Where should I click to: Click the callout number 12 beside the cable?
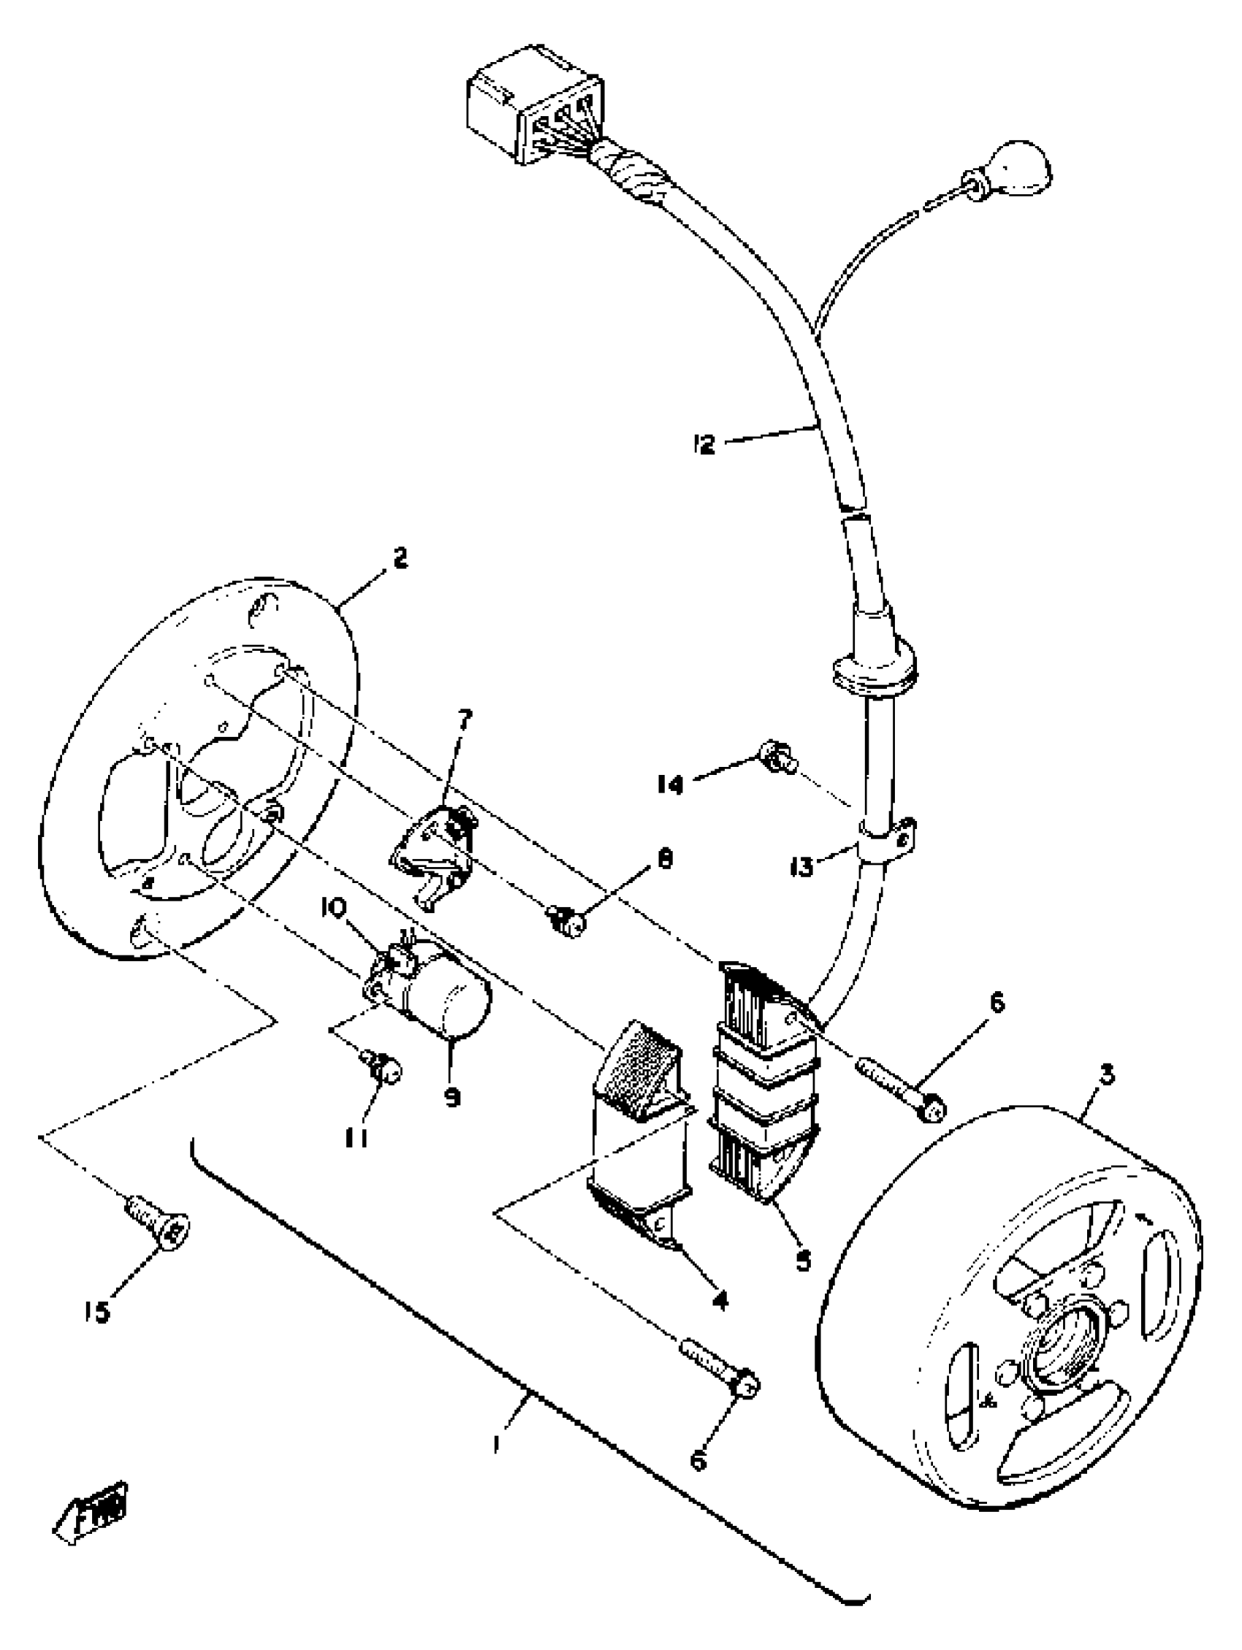(703, 445)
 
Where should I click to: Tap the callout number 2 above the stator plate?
(400, 559)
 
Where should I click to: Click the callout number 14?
(670, 784)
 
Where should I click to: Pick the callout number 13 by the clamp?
(802, 868)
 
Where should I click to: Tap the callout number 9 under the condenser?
(452, 1097)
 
